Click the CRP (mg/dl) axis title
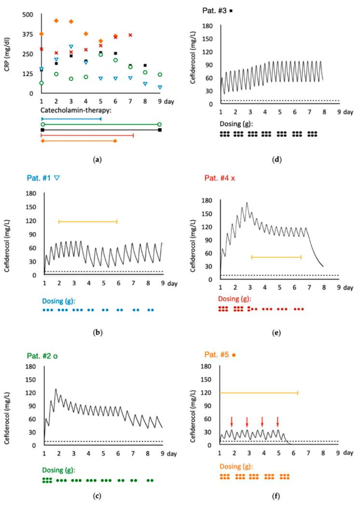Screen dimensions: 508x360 [x=8, y=54]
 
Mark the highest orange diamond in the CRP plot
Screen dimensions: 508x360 [x=56, y=21]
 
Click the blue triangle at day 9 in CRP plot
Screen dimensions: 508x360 [x=160, y=87]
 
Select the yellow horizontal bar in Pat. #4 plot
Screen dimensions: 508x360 [x=276, y=257]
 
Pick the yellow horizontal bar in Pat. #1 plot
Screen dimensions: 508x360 [x=88, y=221]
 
